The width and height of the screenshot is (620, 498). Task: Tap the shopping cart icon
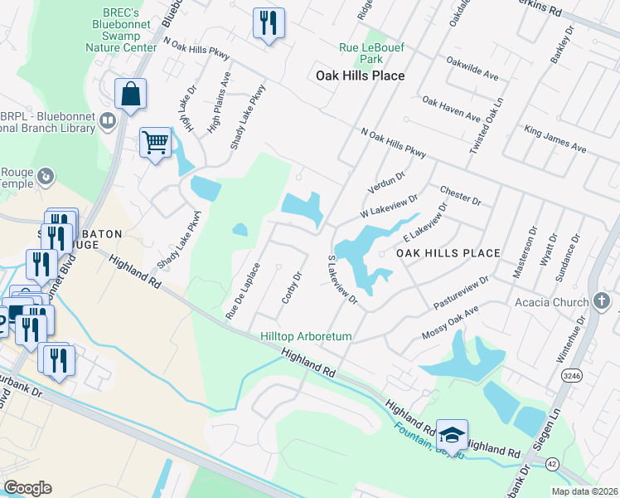click(x=155, y=144)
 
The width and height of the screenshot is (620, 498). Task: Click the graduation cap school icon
click(x=452, y=434)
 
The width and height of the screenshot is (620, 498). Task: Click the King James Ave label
click(x=555, y=139)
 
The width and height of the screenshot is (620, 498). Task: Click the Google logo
click(x=27, y=487)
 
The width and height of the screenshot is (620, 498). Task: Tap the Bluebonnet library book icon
click(x=106, y=122)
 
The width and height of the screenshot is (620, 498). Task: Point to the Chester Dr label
click(x=461, y=194)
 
